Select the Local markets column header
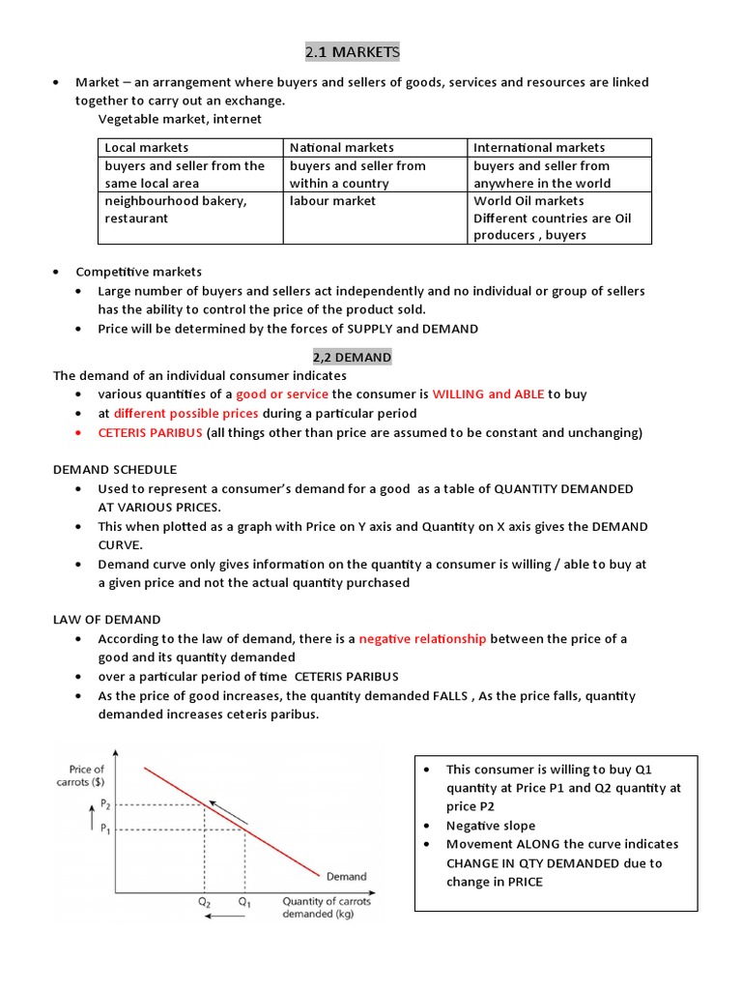pyautogui.click(x=147, y=147)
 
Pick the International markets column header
pyautogui.click(x=539, y=147)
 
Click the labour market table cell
pyautogui.click(x=332, y=201)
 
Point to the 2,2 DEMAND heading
pyautogui.click(x=351, y=357)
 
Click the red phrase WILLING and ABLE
pyautogui.click(x=488, y=394)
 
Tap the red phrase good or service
pyautogui.click(x=282, y=394)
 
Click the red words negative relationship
pyautogui.click(x=422, y=639)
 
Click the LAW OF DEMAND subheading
pyautogui.click(x=106, y=619)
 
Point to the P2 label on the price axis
pyautogui.click(x=105, y=804)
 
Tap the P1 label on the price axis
pyautogui.click(x=105, y=830)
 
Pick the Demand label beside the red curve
pyautogui.click(x=346, y=877)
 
